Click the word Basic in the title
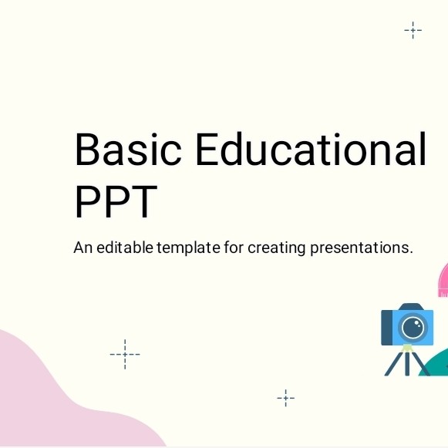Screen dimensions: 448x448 pos(128,149)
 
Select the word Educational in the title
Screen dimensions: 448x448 pos(311,149)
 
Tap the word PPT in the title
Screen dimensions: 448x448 pos(116,201)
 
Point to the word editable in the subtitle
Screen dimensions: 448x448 pos(125,248)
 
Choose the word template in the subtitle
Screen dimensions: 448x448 pos(189,248)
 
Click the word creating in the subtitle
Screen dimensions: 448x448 pos(277,248)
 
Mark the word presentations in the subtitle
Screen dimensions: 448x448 pos(362,248)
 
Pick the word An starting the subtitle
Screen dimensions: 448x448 pos(83,248)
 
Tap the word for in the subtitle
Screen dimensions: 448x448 pos(234,248)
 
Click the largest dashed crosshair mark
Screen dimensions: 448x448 pos(125,354)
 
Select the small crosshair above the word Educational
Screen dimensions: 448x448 pos(413,30)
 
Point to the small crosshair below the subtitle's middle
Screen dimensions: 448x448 pos(286,398)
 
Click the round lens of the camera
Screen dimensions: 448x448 pos(413,328)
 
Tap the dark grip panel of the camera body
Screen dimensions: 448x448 pos(386,328)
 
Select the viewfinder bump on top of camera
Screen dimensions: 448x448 pos(411,307)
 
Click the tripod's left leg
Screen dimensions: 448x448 pos(395,363)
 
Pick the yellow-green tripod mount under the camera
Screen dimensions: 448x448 pos(407,348)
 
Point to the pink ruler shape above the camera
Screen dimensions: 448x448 pos(443,281)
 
